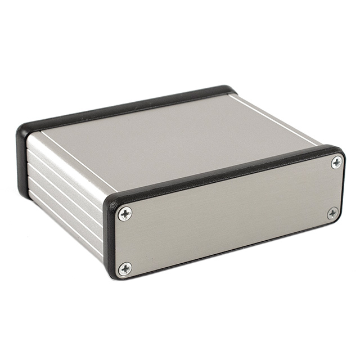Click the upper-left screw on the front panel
[125, 213]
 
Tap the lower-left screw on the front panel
[125, 268]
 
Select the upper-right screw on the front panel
[336, 163]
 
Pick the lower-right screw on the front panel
[332, 213]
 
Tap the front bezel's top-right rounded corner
[339, 150]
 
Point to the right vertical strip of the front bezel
[342, 186]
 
